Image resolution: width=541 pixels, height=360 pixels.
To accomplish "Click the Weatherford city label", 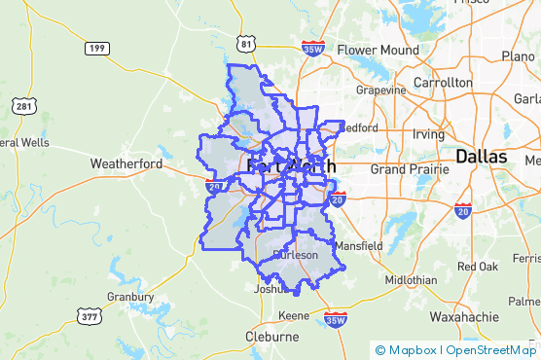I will coord(126,163).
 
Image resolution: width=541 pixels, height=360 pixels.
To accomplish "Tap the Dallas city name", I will coord(481,156).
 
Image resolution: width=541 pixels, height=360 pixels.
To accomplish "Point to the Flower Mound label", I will coord(378,51).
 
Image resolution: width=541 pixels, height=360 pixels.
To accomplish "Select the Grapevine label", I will coord(381,90).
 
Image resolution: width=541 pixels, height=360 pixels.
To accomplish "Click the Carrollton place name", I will coord(443,83).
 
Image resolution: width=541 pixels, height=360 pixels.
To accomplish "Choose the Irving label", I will coord(427,133).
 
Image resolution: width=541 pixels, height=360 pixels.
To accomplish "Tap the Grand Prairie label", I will coord(408,168).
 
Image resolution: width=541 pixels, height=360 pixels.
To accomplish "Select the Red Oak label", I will coord(477,266).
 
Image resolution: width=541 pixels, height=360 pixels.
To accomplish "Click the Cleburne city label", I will coord(271,337).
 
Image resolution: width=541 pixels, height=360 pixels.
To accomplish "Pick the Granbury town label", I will coord(130,297).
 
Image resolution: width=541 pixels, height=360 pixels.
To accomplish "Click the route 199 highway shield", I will coord(95,47).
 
